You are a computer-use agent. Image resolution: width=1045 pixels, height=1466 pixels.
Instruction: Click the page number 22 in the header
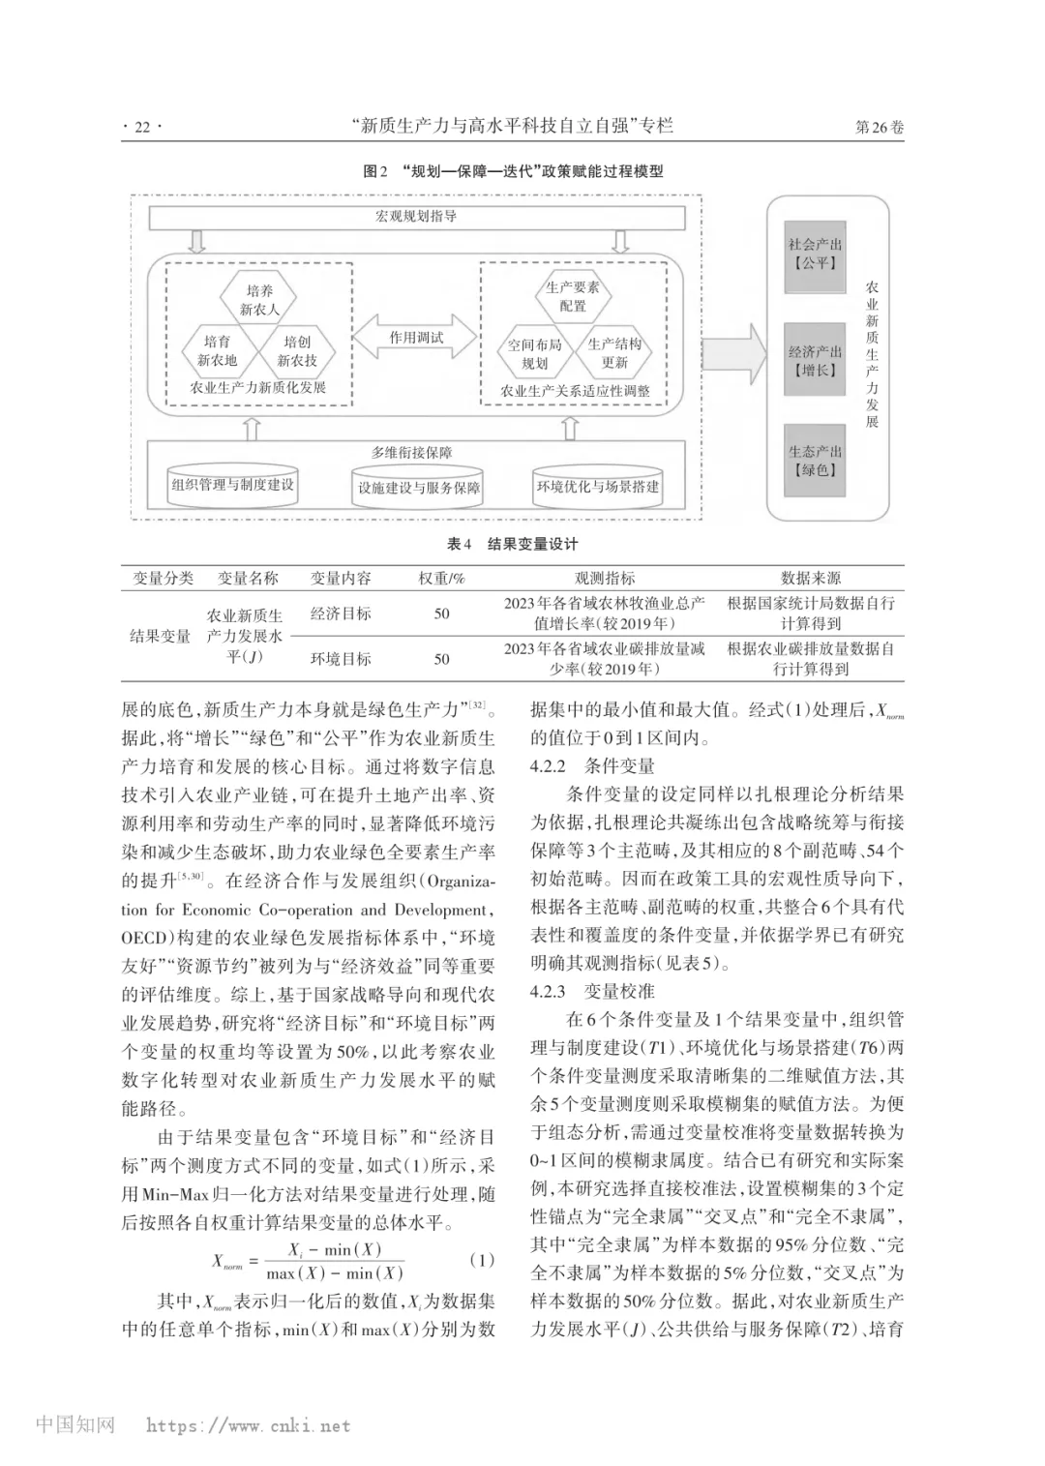tap(142, 127)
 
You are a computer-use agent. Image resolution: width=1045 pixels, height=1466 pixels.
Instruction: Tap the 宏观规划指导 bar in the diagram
tap(416, 217)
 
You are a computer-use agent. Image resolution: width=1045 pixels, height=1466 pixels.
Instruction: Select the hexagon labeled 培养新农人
tap(258, 300)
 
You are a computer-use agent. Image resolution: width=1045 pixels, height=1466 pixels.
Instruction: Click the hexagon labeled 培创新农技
tap(297, 350)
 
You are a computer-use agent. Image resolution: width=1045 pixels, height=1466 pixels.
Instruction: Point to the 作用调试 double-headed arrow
tap(416, 338)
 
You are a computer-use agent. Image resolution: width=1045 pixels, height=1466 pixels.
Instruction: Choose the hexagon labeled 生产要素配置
tap(572, 296)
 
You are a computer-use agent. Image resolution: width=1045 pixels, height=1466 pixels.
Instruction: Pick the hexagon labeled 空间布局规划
tap(534, 353)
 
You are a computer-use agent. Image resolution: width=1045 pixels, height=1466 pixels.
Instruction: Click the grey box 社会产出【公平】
tap(815, 254)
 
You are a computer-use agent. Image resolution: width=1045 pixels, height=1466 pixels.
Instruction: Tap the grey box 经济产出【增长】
tap(815, 361)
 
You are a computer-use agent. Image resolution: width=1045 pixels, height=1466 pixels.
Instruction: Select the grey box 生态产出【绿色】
tap(815, 461)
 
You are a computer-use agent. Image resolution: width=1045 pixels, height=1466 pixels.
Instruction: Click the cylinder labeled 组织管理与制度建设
tap(232, 484)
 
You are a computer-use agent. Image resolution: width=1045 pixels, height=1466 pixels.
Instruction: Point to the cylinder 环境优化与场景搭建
tap(597, 487)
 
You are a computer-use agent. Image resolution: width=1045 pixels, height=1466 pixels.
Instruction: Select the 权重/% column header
tap(441, 578)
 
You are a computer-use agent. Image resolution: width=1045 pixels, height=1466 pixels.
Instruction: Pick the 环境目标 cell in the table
tap(341, 659)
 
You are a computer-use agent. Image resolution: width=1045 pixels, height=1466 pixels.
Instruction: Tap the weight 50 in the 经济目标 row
tap(441, 613)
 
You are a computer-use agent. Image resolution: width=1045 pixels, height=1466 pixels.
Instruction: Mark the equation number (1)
tap(481, 1260)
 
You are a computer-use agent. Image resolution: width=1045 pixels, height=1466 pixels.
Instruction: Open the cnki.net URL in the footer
tap(249, 1425)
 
